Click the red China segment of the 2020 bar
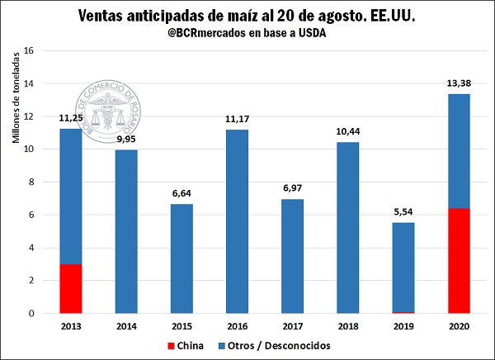tap(457, 261)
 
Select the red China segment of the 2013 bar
tap(72, 289)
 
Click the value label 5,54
tap(402, 212)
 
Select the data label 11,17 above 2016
tap(237, 120)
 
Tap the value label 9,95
tap(126, 140)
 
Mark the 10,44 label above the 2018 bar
tap(346, 131)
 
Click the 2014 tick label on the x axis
tap(126, 324)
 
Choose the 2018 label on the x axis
tap(346, 324)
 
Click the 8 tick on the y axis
tap(31, 182)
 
